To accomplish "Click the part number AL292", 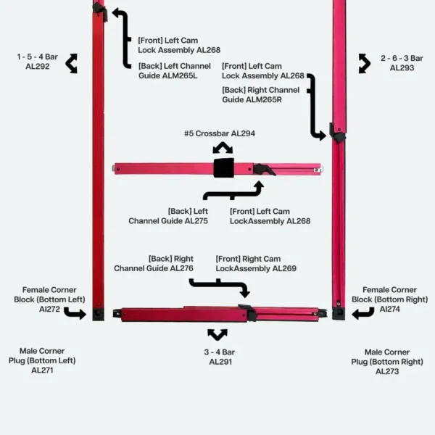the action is tap(38, 67).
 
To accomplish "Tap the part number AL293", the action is tap(402, 68).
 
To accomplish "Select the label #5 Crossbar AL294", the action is tap(220, 133).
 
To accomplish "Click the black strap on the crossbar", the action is tap(223, 168).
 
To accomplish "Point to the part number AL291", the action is tap(220, 362).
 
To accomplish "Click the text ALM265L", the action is tap(182, 75).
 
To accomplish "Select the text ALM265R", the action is tap(266, 99).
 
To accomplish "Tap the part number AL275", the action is tap(196, 221).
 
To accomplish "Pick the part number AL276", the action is tap(182, 268).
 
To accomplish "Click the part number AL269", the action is tap(284, 268).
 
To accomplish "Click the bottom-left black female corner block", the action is tap(98, 314).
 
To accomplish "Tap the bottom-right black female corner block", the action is tap(339, 313).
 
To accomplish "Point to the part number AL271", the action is tap(42, 370).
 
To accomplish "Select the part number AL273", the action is tap(387, 371).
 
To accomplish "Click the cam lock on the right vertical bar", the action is tap(337, 133).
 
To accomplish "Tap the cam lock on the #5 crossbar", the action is tap(264, 170).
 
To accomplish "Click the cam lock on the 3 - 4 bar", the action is tap(248, 312).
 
